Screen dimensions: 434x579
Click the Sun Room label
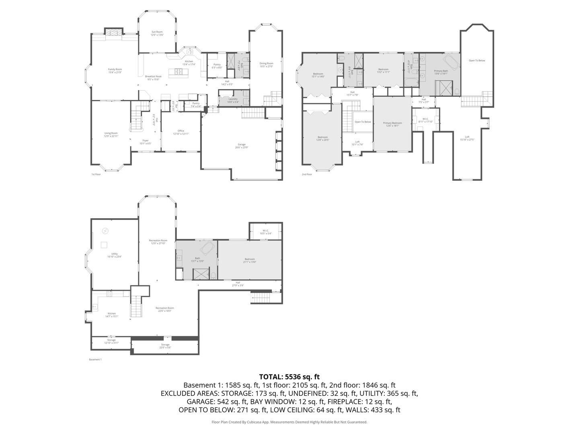[157, 33]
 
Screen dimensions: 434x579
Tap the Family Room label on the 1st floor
[115, 71]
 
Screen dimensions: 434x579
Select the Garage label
[241, 146]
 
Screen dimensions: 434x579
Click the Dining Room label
[266, 65]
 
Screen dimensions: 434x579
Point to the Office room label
[181, 132]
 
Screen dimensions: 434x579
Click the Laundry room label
[233, 100]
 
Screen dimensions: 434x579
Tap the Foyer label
[145, 142]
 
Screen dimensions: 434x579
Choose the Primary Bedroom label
[392, 124]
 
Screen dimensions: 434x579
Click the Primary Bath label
[441, 72]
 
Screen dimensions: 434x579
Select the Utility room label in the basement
[115, 255]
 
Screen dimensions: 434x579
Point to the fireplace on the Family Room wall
[114, 32]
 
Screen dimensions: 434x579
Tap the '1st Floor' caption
[96, 174]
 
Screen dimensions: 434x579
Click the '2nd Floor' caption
[307, 174]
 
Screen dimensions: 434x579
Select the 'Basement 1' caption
[95, 359]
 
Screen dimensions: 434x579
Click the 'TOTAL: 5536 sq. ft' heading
[289, 377]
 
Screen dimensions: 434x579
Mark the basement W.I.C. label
[265, 232]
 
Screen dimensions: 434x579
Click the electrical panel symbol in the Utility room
[105, 231]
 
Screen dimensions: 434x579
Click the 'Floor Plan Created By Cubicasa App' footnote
[289, 422]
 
